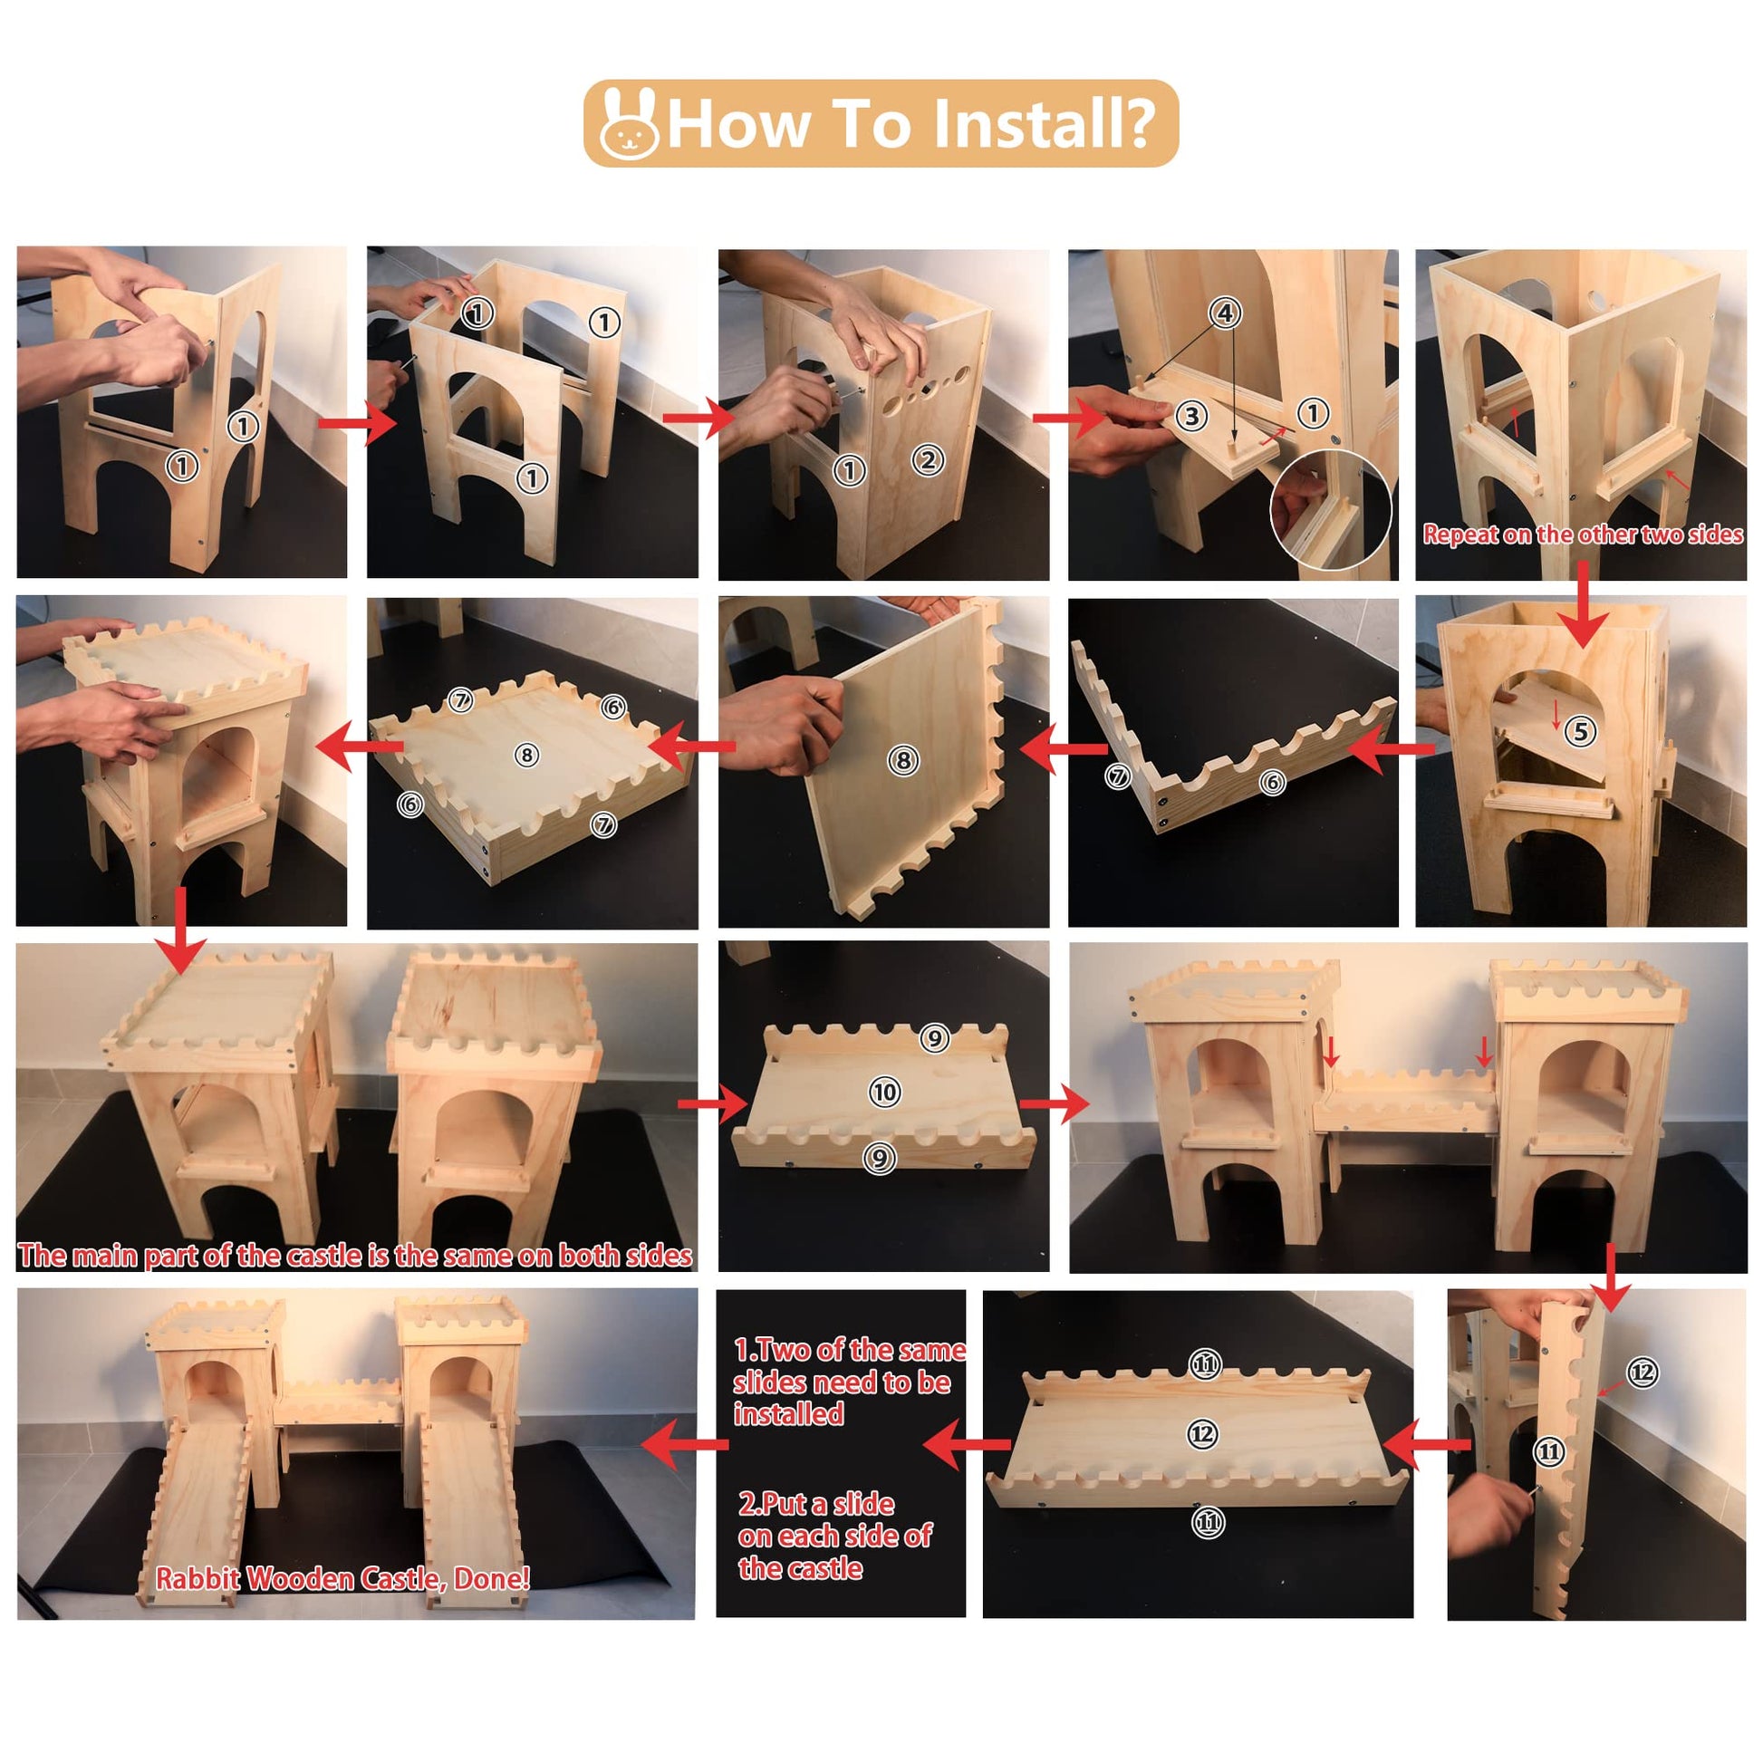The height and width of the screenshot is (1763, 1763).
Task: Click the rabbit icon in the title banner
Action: point(629,125)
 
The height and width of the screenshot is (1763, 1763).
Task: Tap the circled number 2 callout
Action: point(928,460)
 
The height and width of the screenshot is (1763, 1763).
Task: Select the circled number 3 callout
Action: point(1191,417)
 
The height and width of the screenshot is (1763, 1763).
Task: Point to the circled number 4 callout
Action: point(1226,313)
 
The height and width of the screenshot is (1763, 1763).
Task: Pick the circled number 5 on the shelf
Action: point(1581,731)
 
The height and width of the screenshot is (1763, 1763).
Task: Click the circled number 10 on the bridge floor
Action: point(884,1093)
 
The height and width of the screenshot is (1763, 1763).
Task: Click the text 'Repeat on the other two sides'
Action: point(1584,535)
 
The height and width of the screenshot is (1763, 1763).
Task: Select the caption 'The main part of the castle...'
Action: point(355,1256)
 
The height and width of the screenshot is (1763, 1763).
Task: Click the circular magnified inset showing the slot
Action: point(1332,510)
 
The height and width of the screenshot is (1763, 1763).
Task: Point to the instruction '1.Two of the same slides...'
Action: point(849,1382)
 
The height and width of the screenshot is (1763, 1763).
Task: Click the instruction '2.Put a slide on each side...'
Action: point(835,1536)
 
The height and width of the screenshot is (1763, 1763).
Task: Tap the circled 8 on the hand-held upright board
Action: point(903,760)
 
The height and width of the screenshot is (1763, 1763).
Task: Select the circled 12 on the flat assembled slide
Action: point(1202,1434)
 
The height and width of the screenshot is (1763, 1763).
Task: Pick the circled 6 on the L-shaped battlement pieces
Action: point(1272,782)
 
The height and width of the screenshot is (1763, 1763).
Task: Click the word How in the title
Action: point(739,124)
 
